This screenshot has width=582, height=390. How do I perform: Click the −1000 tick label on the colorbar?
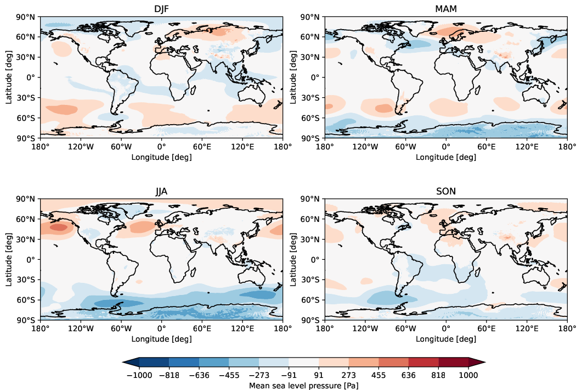pyautogui.click(x=139, y=375)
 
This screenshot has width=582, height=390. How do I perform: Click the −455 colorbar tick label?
pyautogui.click(x=229, y=375)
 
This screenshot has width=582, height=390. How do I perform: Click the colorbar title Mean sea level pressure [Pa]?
pyautogui.click(x=304, y=386)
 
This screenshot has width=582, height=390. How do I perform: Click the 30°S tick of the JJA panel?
pyautogui.click(x=27, y=280)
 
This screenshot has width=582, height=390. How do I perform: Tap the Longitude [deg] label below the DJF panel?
pyautogui.click(x=161, y=157)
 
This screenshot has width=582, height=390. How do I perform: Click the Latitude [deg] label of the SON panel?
pyautogui.click(x=299, y=259)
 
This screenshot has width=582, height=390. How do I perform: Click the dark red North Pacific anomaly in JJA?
pyautogui.click(x=58, y=227)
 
